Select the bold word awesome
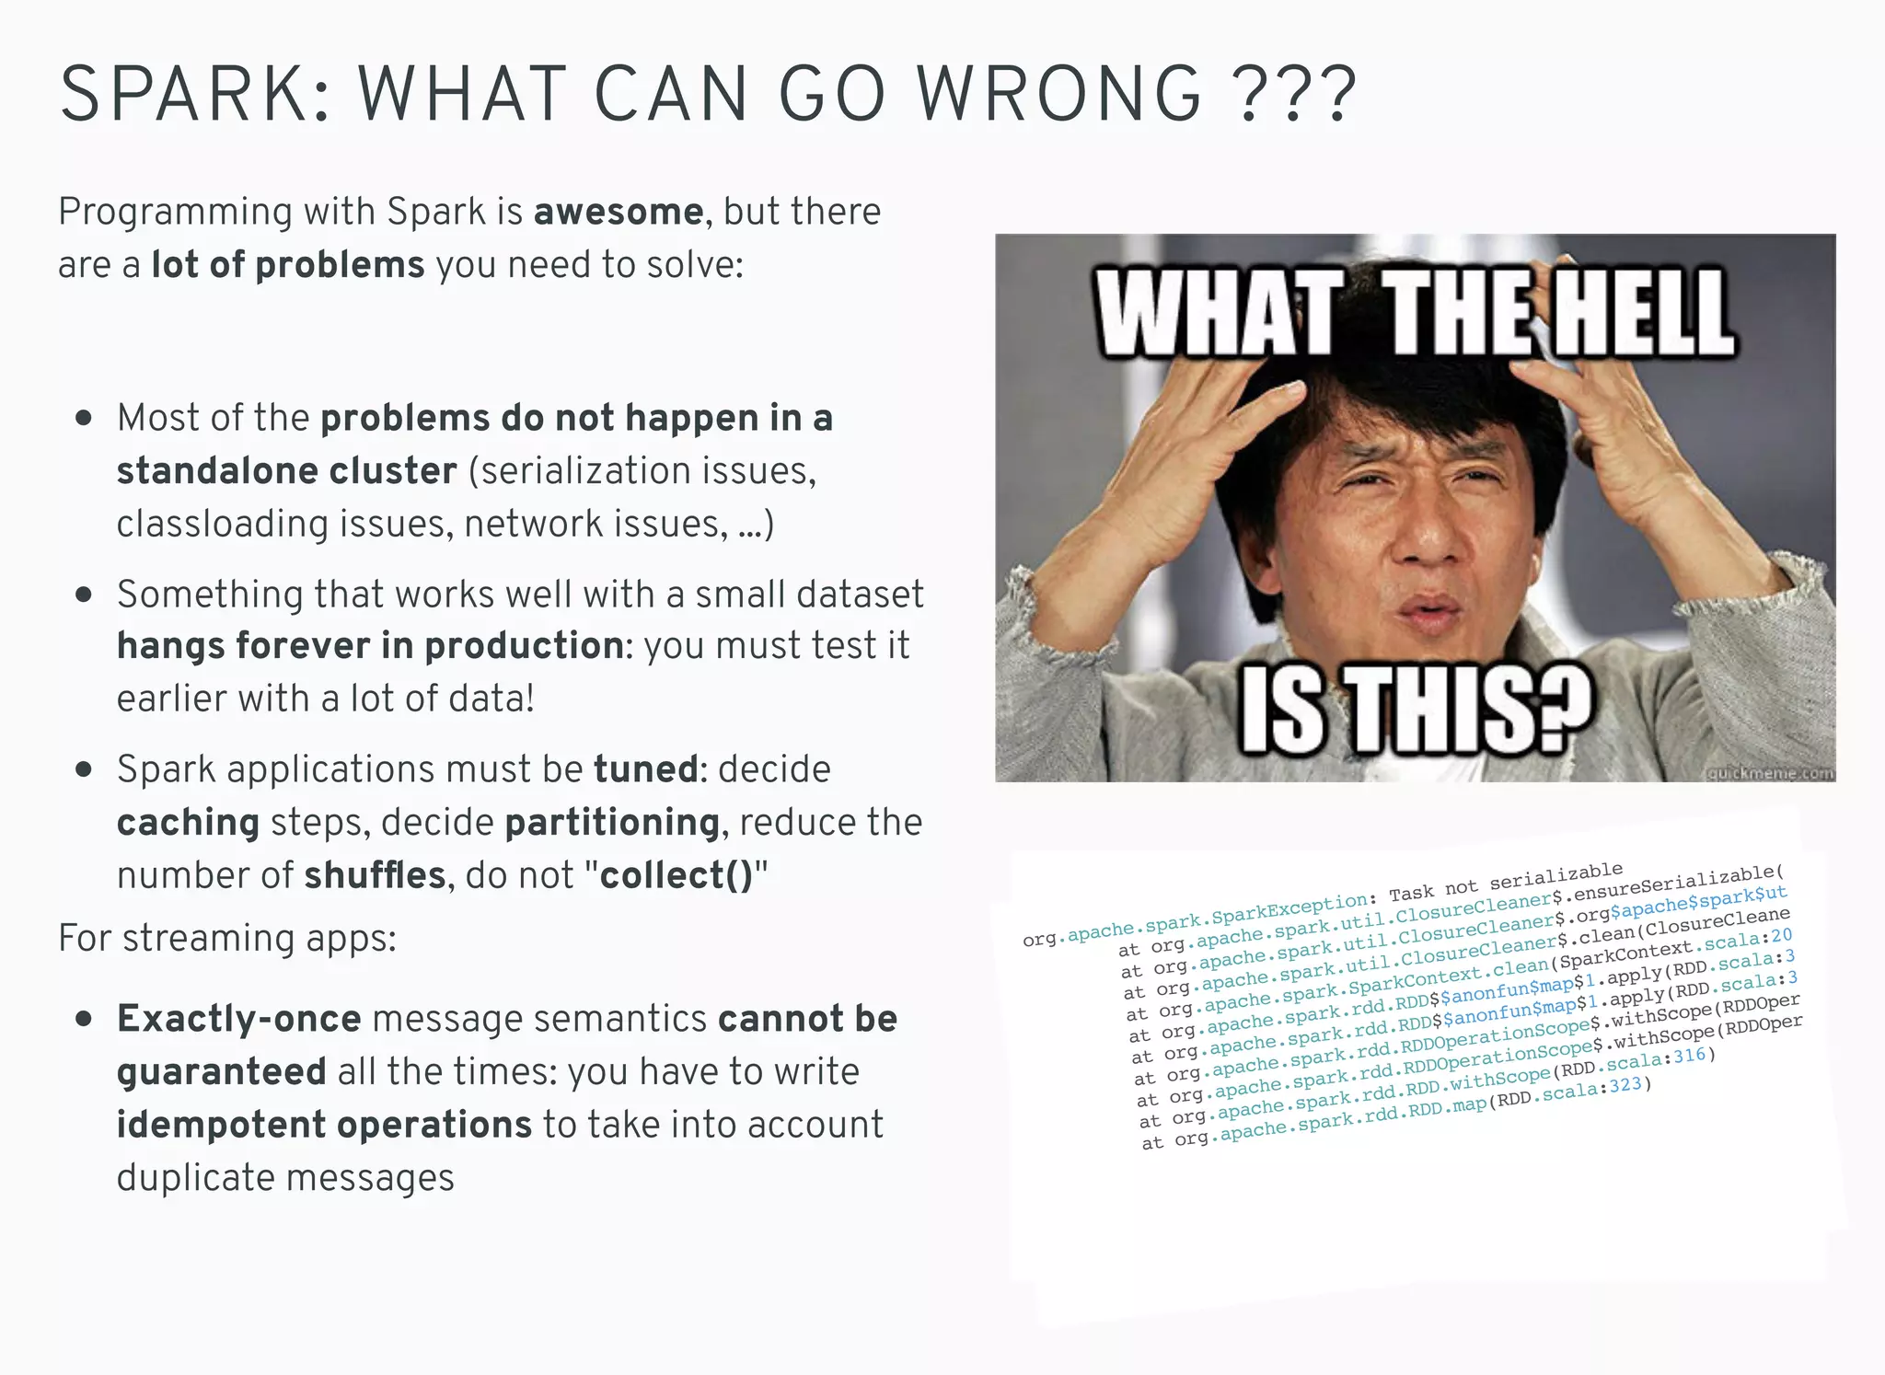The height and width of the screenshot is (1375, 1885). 619,212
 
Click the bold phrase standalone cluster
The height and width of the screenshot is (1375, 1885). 286,471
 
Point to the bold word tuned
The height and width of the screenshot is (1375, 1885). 645,769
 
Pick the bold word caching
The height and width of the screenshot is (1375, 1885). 188,823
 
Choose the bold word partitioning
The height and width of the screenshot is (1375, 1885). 612,823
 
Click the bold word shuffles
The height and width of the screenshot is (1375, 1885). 375,875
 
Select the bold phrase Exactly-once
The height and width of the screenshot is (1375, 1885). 238,1019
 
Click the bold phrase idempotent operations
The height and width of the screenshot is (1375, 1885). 324,1125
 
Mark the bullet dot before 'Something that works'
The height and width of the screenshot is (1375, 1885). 85,595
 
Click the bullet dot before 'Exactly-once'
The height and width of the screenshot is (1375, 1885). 85,1019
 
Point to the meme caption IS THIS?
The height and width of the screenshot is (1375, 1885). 1417,709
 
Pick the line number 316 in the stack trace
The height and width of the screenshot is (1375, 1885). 1690,1057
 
